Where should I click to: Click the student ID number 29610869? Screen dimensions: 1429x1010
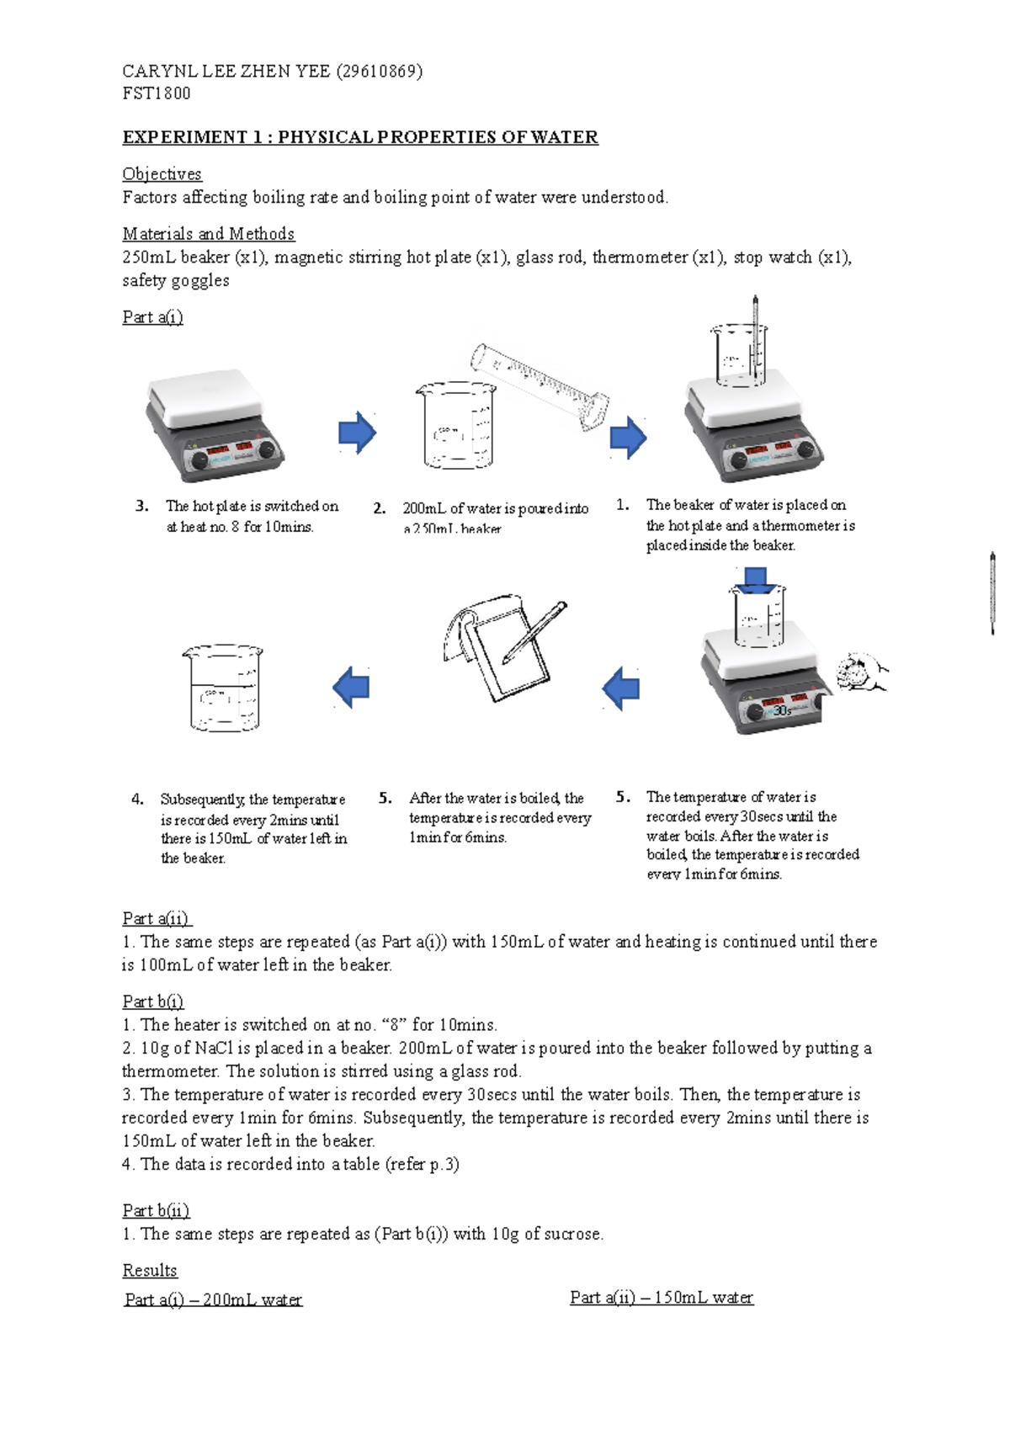[x=379, y=71]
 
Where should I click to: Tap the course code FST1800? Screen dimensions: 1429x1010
[x=157, y=93]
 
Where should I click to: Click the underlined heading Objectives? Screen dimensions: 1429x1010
[x=162, y=174]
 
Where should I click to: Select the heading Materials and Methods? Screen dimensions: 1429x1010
[x=208, y=234]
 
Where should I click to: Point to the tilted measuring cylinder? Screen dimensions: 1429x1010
[x=539, y=385]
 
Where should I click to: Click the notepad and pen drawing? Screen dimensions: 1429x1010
[x=503, y=645]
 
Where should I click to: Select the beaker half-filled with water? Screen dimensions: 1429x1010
[x=223, y=688]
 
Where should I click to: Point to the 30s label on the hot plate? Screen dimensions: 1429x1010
[x=782, y=711]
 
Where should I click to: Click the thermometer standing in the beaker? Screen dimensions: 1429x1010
[x=755, y=341]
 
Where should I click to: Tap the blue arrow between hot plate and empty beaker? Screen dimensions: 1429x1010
[x=357, y=433]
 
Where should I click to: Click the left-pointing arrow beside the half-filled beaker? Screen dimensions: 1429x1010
[x=351, y=687]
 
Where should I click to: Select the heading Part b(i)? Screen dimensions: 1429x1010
[x=152, y=1001]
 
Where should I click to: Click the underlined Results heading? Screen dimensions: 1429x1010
[x=150, y=1271]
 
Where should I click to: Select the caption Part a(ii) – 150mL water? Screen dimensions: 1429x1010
[x=662, y=1298]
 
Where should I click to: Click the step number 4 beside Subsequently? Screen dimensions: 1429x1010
[x=137, y=799]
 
